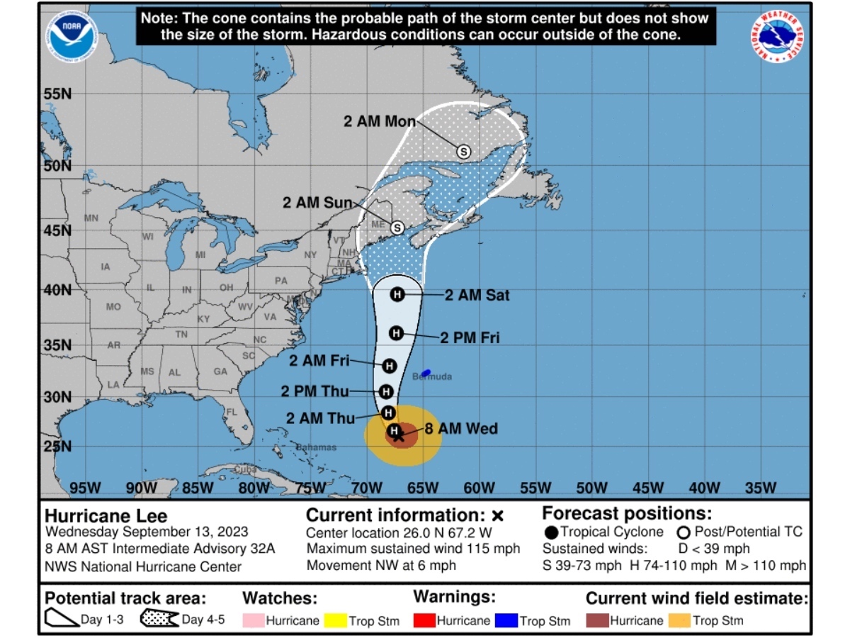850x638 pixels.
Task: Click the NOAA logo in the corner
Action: (x=72, y=35)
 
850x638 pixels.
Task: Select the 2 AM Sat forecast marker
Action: (x=397, y=294)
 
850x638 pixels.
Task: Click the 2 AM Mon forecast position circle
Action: (x=463, y=151)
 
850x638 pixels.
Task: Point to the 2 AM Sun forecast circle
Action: (x=397, y=228)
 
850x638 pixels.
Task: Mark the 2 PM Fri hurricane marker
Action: (x=396, y=332)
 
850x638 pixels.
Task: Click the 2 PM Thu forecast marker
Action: (x=386, y=391)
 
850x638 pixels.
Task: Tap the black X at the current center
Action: (x=399, y=436)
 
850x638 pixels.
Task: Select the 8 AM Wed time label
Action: (x=461, y=428)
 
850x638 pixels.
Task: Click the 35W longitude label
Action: (x=761, y=488)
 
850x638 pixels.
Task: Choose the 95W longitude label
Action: (x=84, y=488)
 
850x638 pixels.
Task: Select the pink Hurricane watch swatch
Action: (x=253, y=621)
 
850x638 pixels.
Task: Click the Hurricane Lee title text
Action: (x=106, y=515)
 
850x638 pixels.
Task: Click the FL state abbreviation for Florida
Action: (x=230, y=412)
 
